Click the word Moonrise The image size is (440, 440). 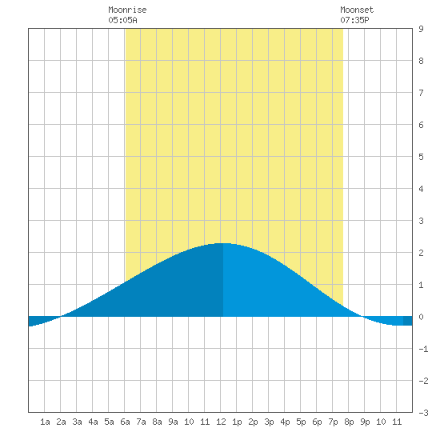127,10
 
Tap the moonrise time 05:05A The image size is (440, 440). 122,20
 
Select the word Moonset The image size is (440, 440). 357,10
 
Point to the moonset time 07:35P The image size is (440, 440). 354,20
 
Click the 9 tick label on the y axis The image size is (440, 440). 421,29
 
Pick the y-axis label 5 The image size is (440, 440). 421,157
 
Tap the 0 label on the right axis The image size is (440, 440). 421,317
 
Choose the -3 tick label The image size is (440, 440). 423,413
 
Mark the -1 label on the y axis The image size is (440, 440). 423,349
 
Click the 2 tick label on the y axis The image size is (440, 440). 421,253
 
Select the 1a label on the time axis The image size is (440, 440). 45,422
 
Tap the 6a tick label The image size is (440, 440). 125,422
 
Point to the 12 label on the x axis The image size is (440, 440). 221,422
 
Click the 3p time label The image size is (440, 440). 269,422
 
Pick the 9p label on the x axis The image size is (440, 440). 365,422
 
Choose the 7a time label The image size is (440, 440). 141,422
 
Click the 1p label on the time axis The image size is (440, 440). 237,422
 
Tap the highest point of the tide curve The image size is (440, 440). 223,243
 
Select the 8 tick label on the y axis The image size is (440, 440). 421,61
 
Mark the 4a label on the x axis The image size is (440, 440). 93,422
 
